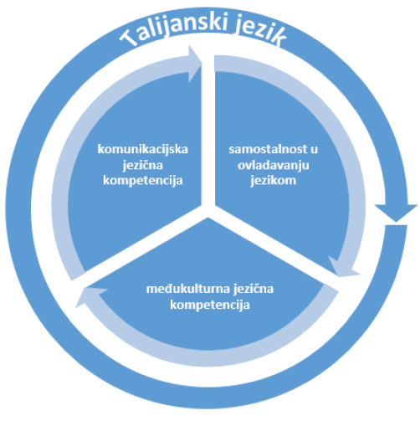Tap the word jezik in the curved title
pos(260,32)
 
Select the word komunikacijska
pos(143,150)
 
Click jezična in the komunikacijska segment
pos(143,165)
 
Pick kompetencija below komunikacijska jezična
pos(143,181)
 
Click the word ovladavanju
pos(274,165)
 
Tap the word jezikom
pos(274,181)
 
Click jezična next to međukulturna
pos(254,289)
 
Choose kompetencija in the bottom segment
pos(210,305)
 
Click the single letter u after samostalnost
pos(314,150)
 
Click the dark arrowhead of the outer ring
pos(396,213)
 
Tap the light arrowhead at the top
pos(195,64)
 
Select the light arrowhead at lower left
pos(90,296)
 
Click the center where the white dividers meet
pos(208,211)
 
